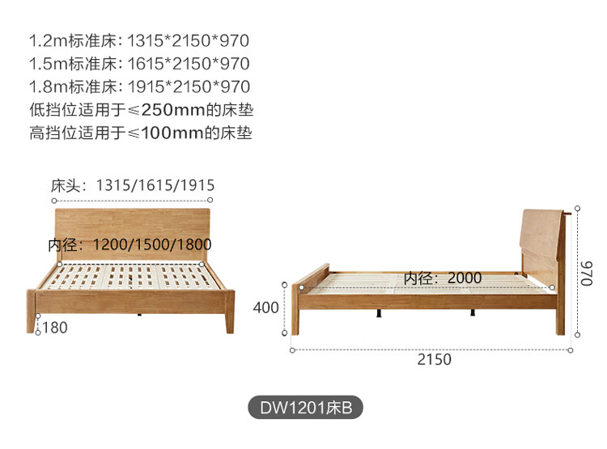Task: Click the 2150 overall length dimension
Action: click(x=434, y=359)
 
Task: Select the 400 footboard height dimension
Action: click(x=265, y=307)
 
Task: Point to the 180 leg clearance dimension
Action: click(x=54, y=328)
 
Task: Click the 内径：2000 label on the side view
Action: click(x=443, y=277)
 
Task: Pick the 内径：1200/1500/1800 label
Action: click(x=129, y=244)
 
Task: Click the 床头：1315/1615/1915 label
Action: click(x=132, y=185)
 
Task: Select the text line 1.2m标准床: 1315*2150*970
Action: click(x=139, y=40)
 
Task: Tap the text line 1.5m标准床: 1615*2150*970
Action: click(x=139, y=63)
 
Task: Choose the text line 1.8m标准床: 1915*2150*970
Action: click(x=139, y=87)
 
